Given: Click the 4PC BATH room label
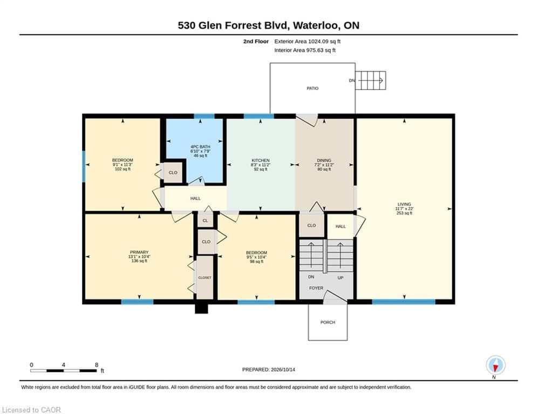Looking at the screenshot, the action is (200, 147).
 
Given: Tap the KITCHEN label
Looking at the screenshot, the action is (261, 161).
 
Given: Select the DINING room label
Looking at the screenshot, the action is (324, 160).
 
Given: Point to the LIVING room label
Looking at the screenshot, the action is (404, 204).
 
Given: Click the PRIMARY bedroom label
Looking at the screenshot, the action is (139, 252).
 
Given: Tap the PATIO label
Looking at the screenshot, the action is (312, 88).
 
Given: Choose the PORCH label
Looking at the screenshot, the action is (328, 322).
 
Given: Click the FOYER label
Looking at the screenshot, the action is (316, 288).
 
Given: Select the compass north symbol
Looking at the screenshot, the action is (495, 365).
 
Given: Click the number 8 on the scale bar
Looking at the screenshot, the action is (97, 365).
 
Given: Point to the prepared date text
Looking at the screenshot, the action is (269, 369).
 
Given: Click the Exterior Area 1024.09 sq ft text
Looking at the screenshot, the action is (307, 42).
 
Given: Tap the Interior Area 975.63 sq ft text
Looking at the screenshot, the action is (305, 50).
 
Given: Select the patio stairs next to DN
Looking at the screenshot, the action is (371, 80).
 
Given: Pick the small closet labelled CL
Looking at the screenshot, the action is (206, 220).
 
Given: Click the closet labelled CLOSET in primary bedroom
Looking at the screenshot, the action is (205, 278).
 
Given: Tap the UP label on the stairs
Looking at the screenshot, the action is (341, 278).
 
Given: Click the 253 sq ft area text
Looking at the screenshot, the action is (404, 213).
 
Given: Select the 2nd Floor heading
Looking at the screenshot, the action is (256, 42).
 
